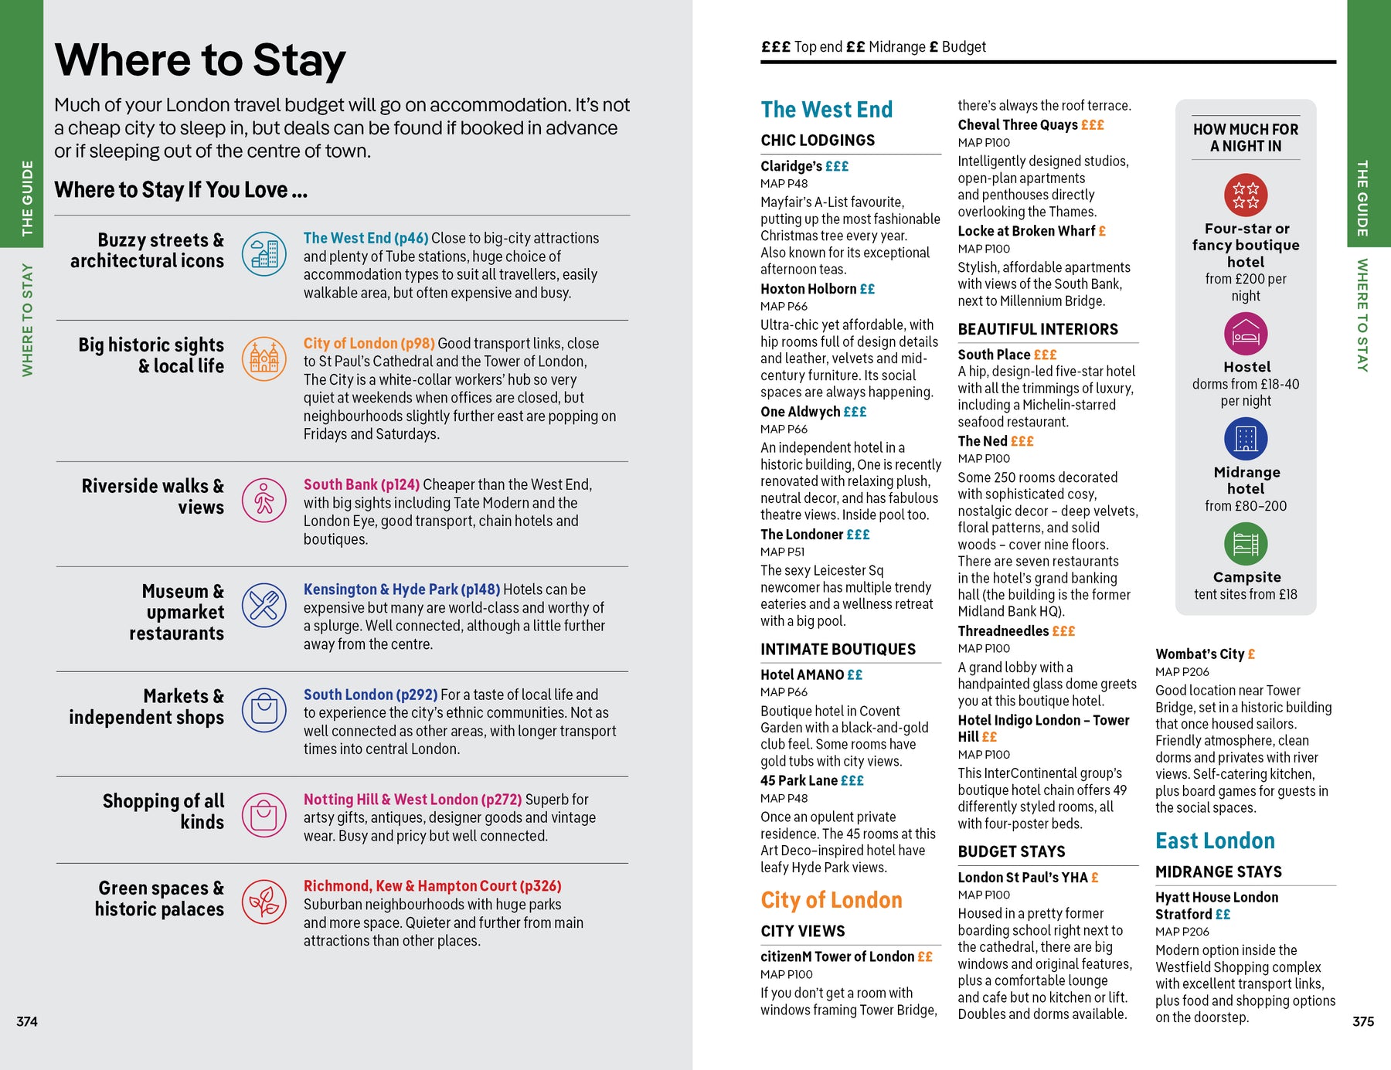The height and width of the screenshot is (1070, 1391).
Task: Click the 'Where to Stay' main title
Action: [200, 60]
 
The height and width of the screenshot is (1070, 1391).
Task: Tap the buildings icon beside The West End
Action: [264, 253]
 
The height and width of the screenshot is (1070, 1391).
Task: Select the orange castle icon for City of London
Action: [264, 358]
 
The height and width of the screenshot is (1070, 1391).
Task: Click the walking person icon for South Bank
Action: [264, 500]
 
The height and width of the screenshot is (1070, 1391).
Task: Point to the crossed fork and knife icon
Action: [264, 605]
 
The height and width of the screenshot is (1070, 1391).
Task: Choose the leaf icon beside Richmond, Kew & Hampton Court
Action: [264, 902]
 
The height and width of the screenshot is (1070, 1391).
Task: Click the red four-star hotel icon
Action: [1246, 195]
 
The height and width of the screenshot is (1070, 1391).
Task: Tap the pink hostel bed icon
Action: [1246, 334]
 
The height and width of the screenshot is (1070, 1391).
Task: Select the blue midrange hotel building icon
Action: [1246, 439]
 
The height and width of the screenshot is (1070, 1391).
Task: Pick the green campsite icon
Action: [1246, 544]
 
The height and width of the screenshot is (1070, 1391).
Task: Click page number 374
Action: [27, 1021]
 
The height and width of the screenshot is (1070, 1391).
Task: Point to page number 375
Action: [1363, 1021]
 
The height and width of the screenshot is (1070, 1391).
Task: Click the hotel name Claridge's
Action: [791, 166]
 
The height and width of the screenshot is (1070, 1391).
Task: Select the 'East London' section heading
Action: [1215, 841]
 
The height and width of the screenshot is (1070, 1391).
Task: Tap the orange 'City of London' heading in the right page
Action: [832, 900]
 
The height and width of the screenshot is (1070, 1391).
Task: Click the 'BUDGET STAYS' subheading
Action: [1012, 851]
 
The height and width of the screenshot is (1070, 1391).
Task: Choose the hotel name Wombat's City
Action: [1199, 654]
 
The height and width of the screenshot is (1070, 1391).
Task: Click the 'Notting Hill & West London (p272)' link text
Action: [413, 800]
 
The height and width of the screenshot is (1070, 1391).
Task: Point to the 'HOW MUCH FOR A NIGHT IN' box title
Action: [1246, 138]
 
